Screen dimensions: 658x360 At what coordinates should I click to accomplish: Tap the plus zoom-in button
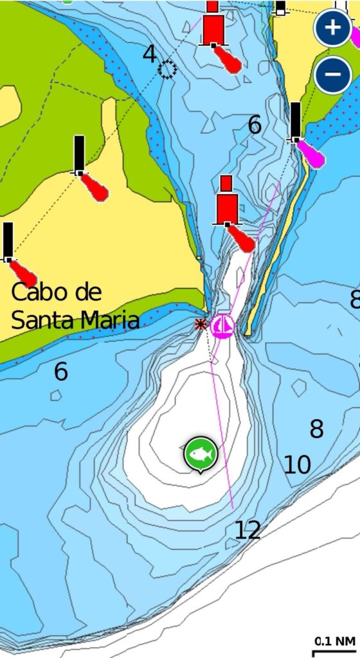click(x=332, y=28)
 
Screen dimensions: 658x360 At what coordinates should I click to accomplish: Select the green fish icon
click(x=201, y=454)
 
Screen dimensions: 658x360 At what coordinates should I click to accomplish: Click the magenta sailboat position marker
click(x=223, y=326)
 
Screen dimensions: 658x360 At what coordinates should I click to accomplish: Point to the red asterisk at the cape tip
click(x=201, y=325)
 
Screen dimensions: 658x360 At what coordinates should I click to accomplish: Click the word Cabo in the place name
click(x=38, y=293)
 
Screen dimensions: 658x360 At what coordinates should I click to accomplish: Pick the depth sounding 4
click(x=149, y=55)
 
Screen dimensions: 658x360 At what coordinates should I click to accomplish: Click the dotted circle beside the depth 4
click(x=168, y=69)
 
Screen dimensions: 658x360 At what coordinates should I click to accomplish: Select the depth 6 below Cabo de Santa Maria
click(x=60, y=371)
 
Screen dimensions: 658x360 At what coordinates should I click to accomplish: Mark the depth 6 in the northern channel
click(x=255, y=125)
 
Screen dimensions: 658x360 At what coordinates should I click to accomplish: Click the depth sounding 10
click(x=297, y=465)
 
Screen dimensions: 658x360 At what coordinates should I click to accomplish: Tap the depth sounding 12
click(x=248, y=530)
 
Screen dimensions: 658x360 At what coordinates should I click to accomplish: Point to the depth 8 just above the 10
click(x=316, y=429)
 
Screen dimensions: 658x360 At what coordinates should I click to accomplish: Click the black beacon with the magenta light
click(x=295, y=121)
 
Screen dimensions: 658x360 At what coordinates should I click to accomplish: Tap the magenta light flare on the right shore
click(x=312, y=155)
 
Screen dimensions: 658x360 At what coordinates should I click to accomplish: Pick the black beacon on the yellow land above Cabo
click(x=79, y=155)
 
